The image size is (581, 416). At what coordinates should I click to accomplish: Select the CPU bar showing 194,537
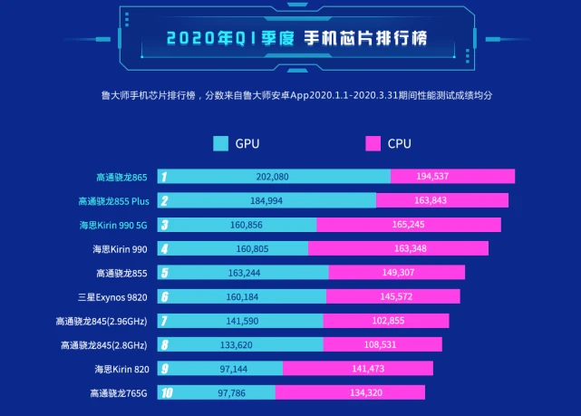coord(452,177)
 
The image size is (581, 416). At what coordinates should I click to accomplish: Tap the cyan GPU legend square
coord(220,143)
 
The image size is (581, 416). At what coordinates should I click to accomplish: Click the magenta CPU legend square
coord(373,143)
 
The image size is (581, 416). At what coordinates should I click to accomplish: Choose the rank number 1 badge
coord(164,177)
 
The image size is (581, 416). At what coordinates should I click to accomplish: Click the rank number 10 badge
coord(165,392)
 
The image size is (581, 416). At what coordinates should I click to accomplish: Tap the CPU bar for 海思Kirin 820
coord(357,368)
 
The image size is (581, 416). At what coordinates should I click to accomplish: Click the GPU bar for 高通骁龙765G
coord(218,392)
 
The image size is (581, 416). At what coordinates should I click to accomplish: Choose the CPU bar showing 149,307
coord(396,273)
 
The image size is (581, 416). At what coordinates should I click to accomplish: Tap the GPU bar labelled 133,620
coord(240,344)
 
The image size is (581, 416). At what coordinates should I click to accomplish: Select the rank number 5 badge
coord(164,273)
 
